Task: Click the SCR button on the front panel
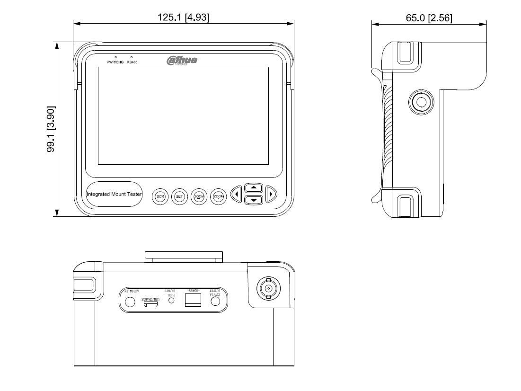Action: [x=160, y=196]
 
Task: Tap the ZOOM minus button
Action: [x=199, y=196]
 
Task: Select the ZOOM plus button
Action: [x=218, y=196]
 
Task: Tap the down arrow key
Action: [x=254, y=200]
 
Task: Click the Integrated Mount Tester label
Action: [x=114, y=194]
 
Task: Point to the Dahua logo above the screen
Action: [x=182, y=61]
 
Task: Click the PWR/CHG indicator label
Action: [x=115, y=62]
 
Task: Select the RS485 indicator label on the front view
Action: [x=132, y=62]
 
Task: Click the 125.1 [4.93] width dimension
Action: [x=184, y=18]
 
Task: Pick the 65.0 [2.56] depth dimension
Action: [x=429, y=18]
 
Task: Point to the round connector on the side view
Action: [x=420, y=102]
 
